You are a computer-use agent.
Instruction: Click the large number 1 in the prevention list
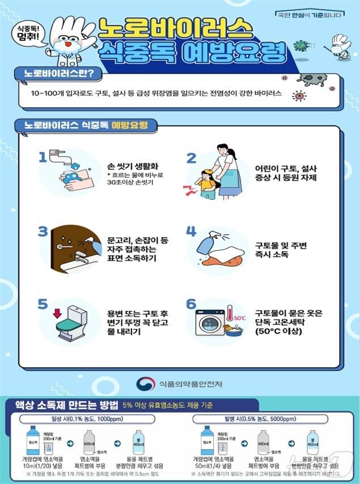pyautogui.click(x=42, y=157)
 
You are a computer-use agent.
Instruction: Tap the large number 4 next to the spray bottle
pyautogui.click(x=191, y=232)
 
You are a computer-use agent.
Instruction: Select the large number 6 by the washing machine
pyautogui.click(x=191, y=305)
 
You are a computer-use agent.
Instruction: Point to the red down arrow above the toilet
pyautogui.click(x=56, y=313)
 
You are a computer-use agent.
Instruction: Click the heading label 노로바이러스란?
pyautogui.click(x=55, y=74)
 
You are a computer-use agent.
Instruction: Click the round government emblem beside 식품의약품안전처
pyautogui.click(x=145, y=384)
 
